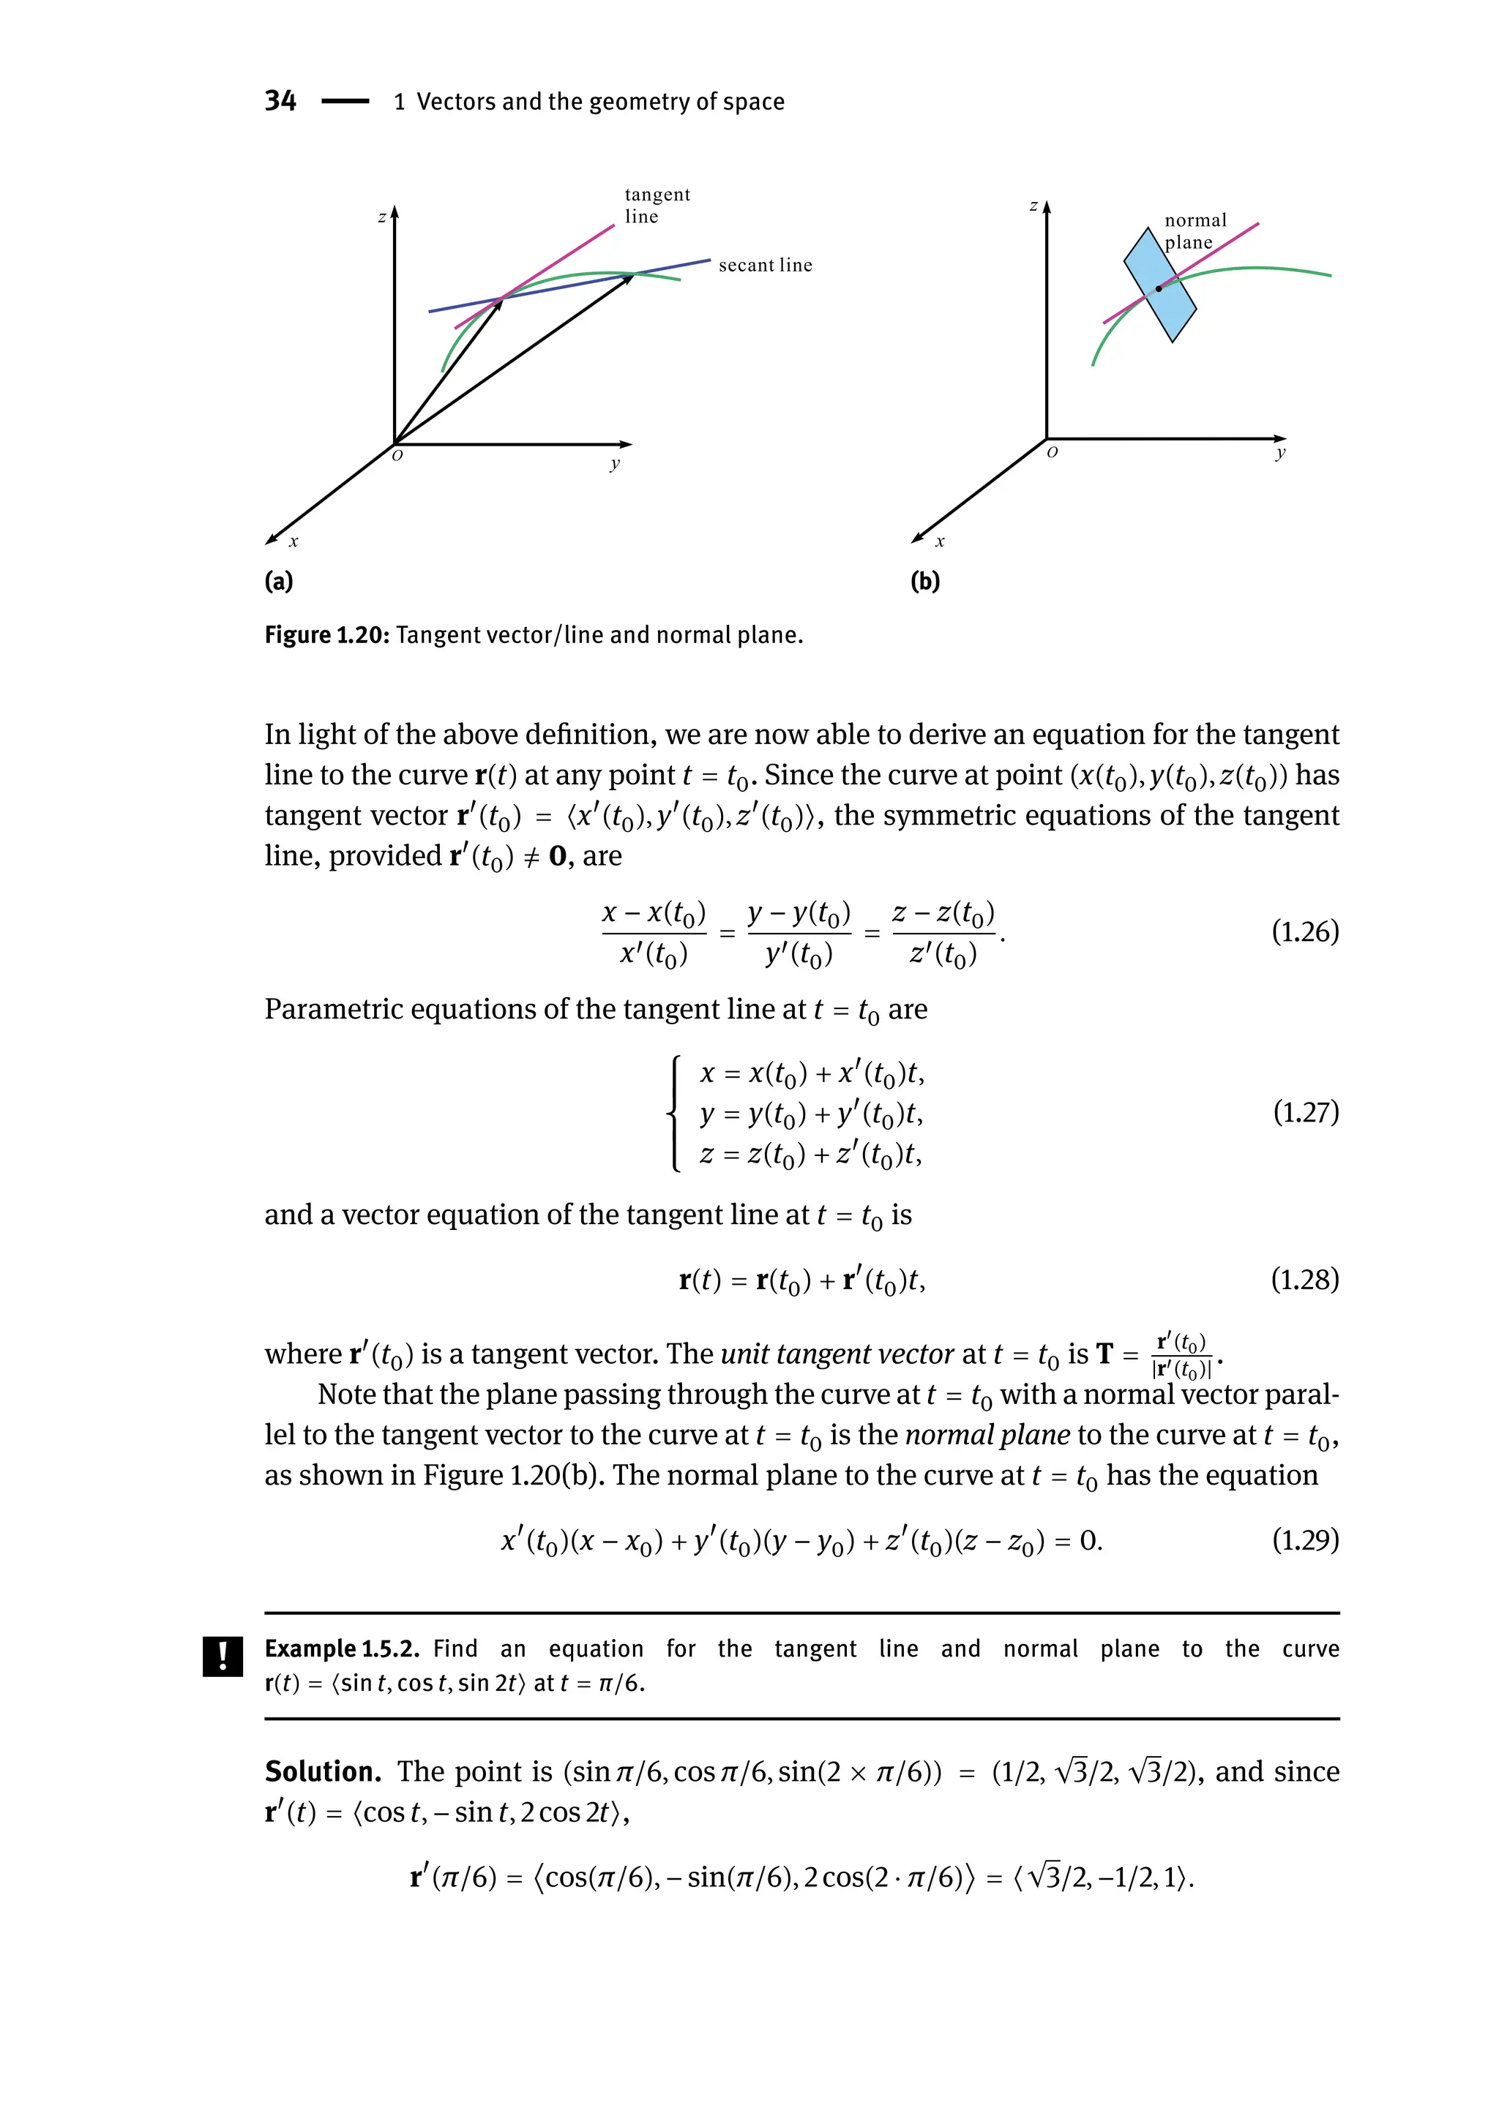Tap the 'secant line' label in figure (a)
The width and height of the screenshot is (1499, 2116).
tap(765, 266)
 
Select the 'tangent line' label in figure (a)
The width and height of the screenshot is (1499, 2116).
tap(657, 206)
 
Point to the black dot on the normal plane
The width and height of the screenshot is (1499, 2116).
tap(1159, 289)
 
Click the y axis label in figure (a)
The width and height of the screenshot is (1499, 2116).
tap(615, 463)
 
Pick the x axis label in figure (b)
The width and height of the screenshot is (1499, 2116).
tap(940, 541)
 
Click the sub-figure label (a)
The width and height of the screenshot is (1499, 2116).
tap(279, 582)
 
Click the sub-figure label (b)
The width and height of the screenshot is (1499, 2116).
tap(925, 582)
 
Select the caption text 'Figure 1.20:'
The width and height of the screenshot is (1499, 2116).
tap(328, 635)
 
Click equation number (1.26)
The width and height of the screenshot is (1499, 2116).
tap(1304, 932)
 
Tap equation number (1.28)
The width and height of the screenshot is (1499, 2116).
tap(1304, 1280)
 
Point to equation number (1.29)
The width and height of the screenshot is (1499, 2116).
tap(1304, 1540)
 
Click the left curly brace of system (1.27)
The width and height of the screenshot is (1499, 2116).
tap(675, 1114)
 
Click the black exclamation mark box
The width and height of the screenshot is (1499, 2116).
tap(223, 1657)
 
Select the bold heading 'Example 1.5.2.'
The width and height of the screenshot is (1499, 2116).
tap(342, 1649)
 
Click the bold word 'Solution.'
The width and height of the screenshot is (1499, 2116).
tap(323, 1772)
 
